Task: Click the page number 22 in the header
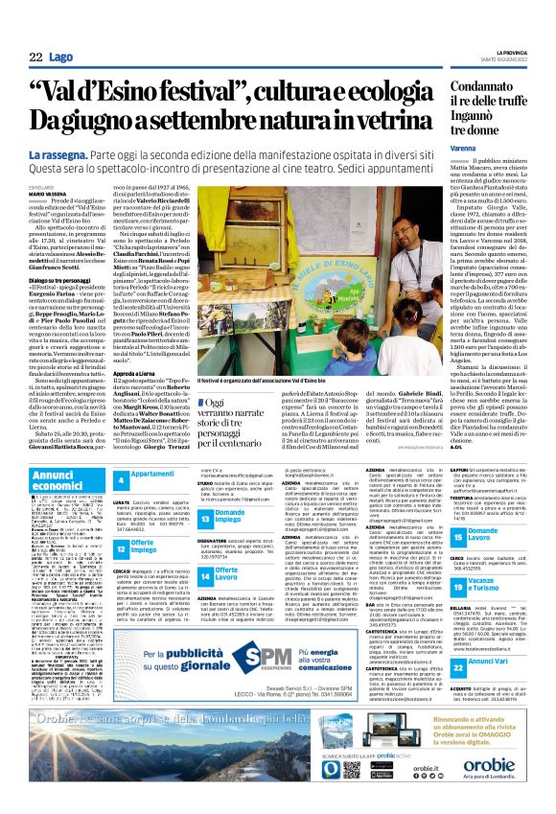[x=36, y=59]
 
